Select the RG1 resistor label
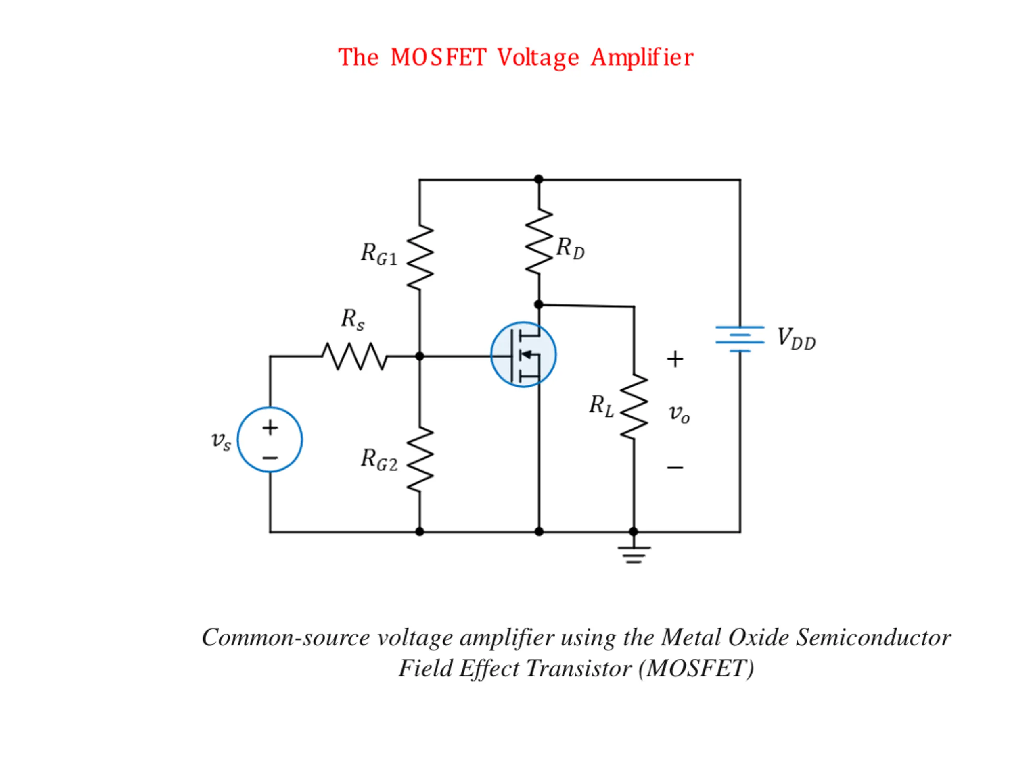pos(379,255)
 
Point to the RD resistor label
pos(570,248)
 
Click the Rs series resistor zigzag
pos(354,356)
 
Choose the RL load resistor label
pos(601,406)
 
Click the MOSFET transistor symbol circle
pos(523,355)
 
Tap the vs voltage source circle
pos(270,440)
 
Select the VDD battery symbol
pos(740,339)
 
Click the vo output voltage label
pos(679,413)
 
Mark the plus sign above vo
pos(675,359)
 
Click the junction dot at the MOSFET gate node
pos(419,356)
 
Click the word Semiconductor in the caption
pos(873,637)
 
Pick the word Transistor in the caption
pos(579,668)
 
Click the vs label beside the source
pos(221,441)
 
